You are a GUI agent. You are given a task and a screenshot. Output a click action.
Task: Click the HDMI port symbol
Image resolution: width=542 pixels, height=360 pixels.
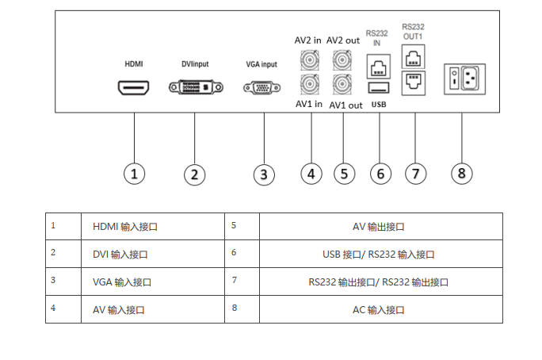[133, 88]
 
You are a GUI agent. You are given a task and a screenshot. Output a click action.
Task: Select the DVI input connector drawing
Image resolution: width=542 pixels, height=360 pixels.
[196, 87]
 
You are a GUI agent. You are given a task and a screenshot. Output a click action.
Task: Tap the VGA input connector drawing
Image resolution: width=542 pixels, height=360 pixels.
[262, 88]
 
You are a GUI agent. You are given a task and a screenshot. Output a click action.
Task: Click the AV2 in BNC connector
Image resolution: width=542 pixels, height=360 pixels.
[310, 60]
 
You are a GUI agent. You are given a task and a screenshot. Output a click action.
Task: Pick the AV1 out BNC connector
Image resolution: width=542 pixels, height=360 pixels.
[342, 84]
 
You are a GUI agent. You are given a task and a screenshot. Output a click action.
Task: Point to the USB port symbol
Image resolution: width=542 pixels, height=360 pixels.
[379, 88]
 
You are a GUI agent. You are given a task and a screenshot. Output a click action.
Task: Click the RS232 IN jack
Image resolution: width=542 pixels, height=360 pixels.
[379, 67]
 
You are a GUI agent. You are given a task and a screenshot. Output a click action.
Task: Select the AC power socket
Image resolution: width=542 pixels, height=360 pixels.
[470, 79]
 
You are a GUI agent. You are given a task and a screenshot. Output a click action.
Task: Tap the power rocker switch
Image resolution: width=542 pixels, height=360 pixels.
[454, 79]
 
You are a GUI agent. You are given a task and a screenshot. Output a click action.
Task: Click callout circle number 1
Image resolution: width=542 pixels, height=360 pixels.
[134, 174]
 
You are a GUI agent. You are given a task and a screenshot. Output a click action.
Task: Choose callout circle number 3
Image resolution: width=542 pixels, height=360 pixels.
[264, 174]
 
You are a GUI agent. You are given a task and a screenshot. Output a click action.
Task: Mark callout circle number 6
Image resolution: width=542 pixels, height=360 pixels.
[380, 174]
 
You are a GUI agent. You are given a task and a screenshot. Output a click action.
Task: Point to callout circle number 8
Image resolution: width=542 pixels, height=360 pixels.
[462, 173]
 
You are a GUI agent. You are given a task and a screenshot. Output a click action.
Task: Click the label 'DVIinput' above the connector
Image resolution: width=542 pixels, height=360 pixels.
[195, 64]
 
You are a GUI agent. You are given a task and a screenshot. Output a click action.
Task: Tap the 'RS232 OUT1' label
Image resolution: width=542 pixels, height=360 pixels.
[413, 32]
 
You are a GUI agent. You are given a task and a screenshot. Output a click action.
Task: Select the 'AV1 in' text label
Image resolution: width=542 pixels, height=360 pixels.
[309, 104]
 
